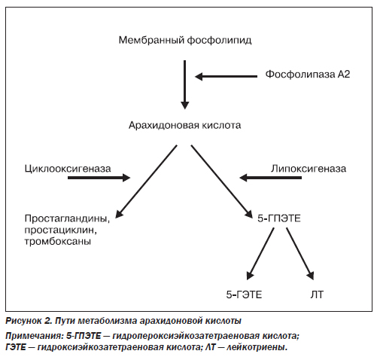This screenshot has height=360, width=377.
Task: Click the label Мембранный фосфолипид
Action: click(x=185, y=40)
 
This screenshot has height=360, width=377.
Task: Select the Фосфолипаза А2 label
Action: click(x=308, y=75)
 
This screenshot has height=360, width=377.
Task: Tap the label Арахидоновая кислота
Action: click(x=185, y=125)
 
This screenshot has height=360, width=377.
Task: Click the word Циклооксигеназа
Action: click(x=68, y=169)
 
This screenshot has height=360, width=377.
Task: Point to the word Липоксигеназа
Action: click(x=309, y=169)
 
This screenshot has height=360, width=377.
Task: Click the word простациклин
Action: click(x=61, y=230)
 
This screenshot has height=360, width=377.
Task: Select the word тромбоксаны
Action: click(x=58, y=242)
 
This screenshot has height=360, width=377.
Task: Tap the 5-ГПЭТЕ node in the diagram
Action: click(x=279, y=218)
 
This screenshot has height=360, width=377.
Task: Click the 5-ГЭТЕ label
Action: click(x=244, y=294)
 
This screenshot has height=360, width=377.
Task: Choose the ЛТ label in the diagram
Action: click(x=317, y=294)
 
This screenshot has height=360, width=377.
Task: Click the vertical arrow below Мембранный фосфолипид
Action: click(x=185, y=85)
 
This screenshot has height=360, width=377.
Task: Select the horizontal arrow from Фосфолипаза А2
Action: click(x=227, y=76)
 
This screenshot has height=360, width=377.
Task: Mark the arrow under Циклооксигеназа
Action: click(x=99, y=178)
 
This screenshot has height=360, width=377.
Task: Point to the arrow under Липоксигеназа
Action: click(x=270, y=178)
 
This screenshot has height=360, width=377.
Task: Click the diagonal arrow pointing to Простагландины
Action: click(x=146, y=182)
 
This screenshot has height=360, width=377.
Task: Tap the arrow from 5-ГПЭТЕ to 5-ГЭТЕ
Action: click(x=260, y=254)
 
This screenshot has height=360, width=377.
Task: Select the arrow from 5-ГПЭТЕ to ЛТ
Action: click(x=300, y=254)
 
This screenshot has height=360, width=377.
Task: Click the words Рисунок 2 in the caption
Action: click(x=28, y=321)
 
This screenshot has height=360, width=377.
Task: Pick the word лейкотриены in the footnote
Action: click(x=257, y=347)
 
